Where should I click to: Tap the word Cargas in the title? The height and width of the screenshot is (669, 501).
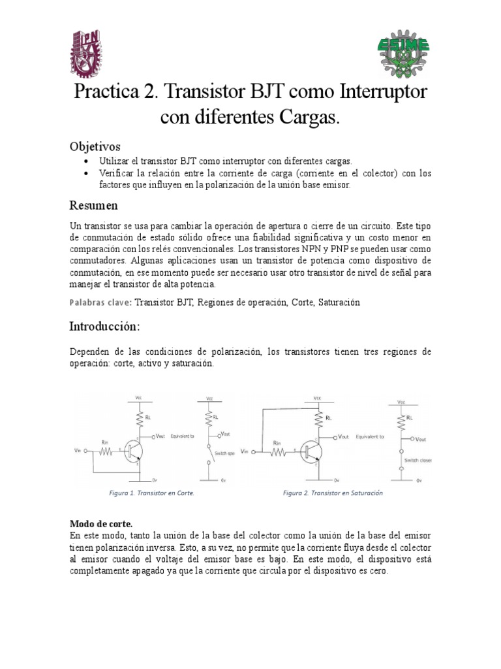[x=305, y=118]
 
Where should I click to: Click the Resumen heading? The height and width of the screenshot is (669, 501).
[x=93, y=206]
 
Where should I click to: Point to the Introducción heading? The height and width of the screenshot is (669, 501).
[x=104, y=326]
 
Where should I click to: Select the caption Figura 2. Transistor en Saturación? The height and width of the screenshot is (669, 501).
[x=333, y=493]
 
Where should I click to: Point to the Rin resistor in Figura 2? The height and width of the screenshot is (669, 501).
[x=279, y=451]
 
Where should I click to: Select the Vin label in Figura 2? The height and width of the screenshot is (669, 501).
[x=245, y=451]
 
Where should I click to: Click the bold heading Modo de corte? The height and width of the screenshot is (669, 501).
[x=101, y=524]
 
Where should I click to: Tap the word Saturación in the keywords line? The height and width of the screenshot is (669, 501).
[x=339, y=302]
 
